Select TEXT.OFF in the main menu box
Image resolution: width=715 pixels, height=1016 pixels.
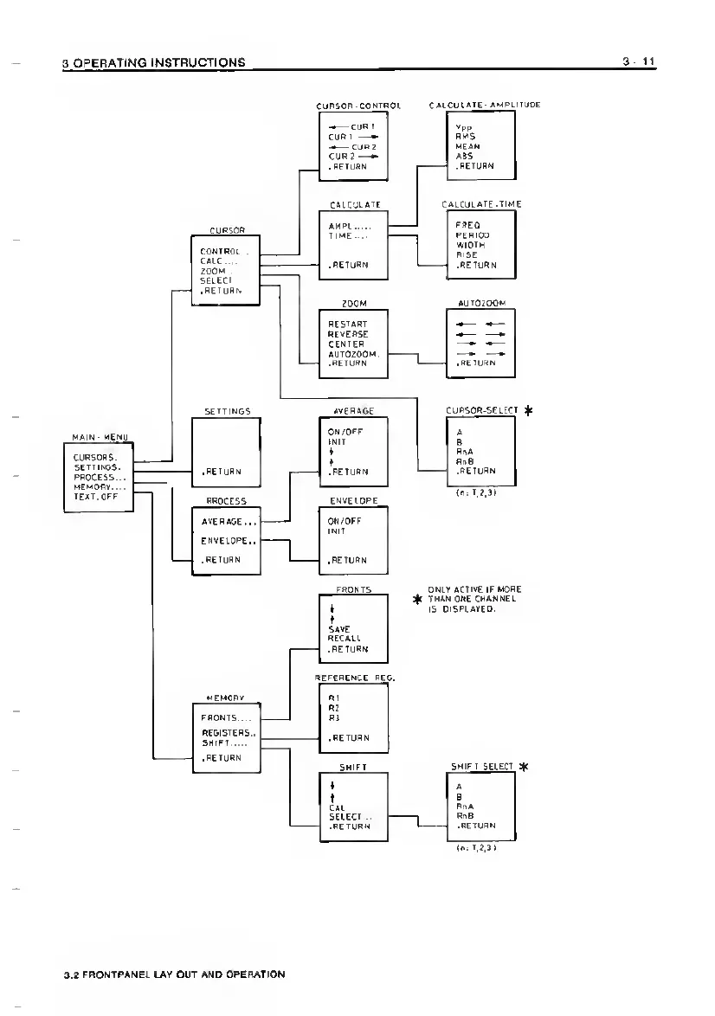click(95, 498)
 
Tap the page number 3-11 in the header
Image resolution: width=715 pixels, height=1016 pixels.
click(638, 62)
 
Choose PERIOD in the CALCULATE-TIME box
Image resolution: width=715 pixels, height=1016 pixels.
click(473, 235)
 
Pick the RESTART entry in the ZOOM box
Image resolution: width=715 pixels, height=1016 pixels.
click(348, 324)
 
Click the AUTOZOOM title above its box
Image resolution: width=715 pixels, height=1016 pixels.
click(481, 304)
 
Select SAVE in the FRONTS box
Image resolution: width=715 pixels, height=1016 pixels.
click(338, 628)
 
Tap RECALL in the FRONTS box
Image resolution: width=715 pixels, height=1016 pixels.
click(344, 638)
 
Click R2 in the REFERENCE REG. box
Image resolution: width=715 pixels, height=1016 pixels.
click(334, 707)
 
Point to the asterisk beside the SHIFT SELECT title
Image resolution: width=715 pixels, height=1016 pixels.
click(524, 767)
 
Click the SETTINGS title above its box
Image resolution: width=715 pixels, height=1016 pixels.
click(227, 411)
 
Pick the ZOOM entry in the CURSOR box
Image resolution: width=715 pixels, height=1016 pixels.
click(213, 270)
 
